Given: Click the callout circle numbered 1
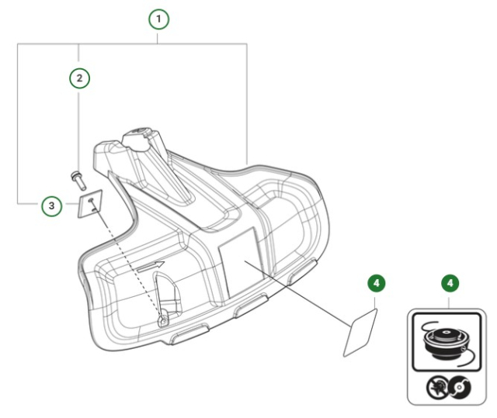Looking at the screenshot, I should tap(158, 16).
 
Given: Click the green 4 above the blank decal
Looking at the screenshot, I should tap(376, 284).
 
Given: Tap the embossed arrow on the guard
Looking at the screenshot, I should tap(153, 266).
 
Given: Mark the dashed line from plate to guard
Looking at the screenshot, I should tap(128, 264).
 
